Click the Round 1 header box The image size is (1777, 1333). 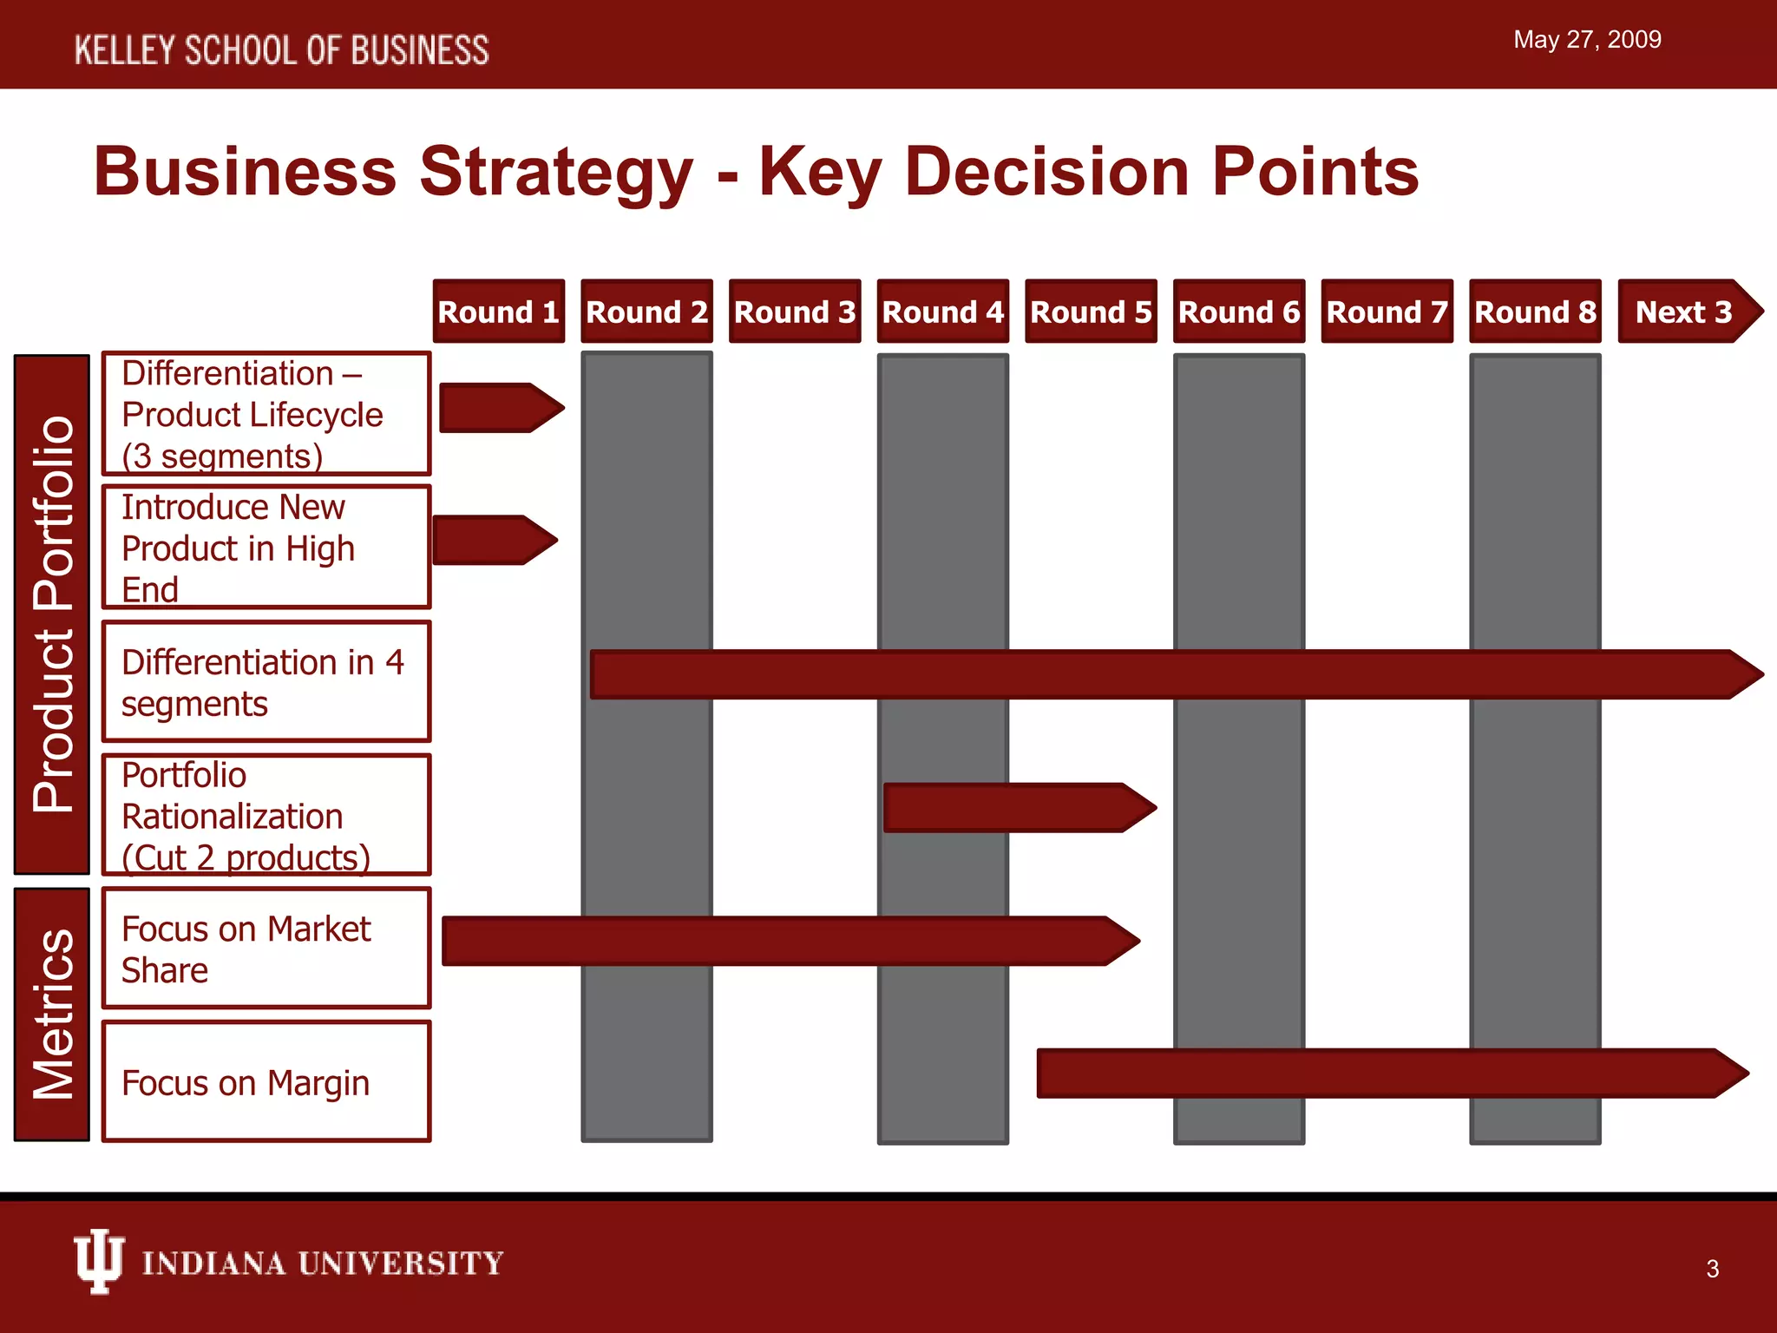(x=499, y=312)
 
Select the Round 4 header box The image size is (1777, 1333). (x=942, y=312)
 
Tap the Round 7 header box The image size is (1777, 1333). (x=1387, y=312)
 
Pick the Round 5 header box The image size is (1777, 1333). (x=1091, y=312)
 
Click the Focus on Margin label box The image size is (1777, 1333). (x=266, y=1081)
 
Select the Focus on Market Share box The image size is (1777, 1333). (x=266, y=948)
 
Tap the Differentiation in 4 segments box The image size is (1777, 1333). (x=266, y=681)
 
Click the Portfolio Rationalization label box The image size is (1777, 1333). (x=266, y=815)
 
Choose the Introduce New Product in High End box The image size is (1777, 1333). (x=266, y=548)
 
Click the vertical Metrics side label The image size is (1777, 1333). (x=52, y=1014)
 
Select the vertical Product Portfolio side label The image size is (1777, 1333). (x=52, y=614)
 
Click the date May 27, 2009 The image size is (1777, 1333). (x=1587, y=40)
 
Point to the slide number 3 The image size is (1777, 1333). (x=1712, y=1269)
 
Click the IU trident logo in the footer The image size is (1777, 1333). (x=98, y=1261)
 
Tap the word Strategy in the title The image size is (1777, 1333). (x=555, y=172)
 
